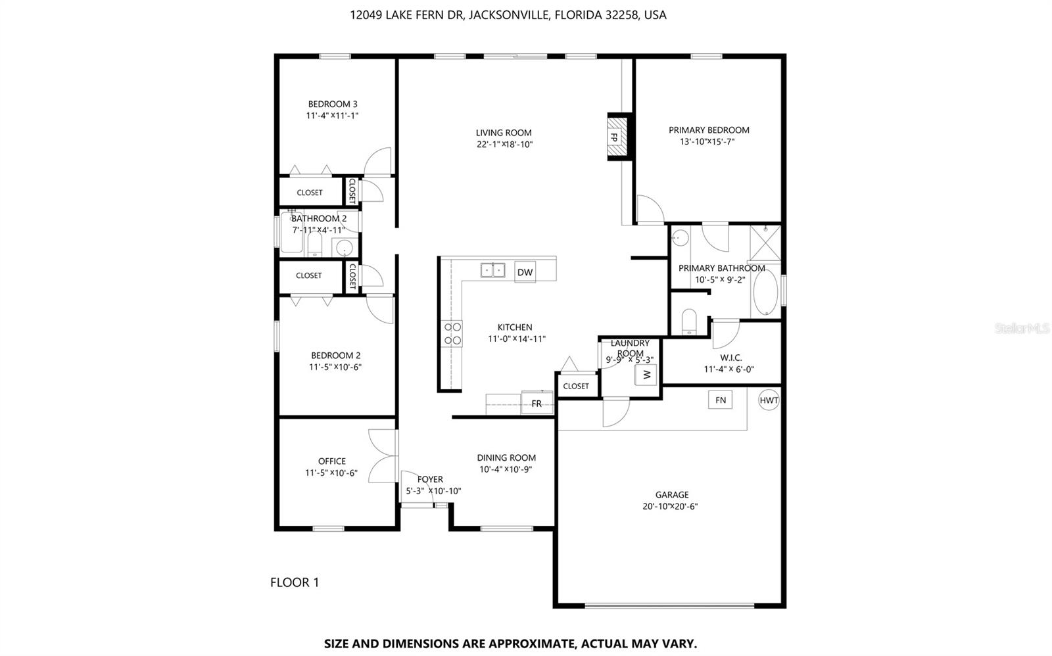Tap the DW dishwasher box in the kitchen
[x=525, y=272]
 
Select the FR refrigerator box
[x=537, y=404]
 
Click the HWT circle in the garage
[x=769, y=400]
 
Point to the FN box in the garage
[x=721, y=400]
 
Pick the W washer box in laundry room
[x=646, y=375]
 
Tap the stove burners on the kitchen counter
[x=452, y=333]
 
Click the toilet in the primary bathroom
[x=689, y=322]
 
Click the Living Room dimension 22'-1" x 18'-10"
[x=504, y=145]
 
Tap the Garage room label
[x=672, y=495]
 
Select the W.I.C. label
[x=730, y=358]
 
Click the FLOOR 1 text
[x=295, y=582]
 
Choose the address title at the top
[x=508, y=14]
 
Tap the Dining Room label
[x=506, y=457]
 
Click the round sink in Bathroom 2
[x=344, y=248]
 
